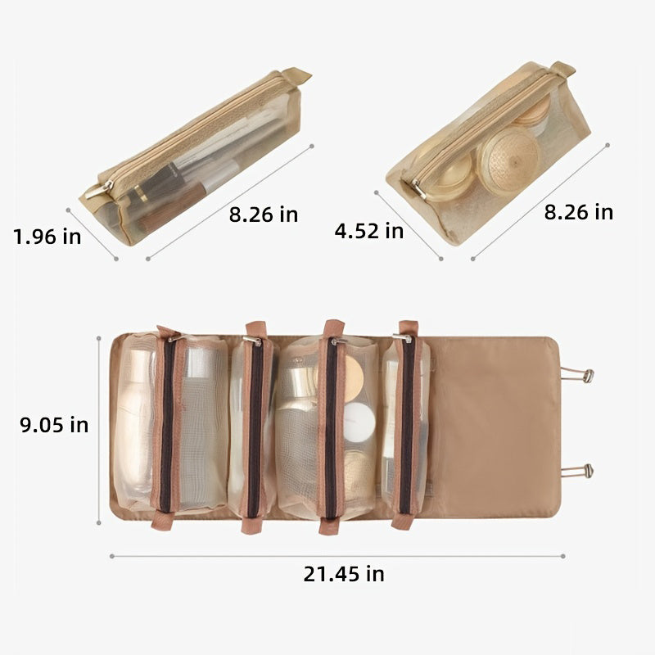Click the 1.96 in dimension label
click(47, 237)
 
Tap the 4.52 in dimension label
click(369, 231)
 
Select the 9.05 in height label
click(54, 425)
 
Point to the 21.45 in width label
click(344, 574)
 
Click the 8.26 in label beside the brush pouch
click(264, 215)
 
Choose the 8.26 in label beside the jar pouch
click(579, 212)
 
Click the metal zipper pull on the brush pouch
click(99, 189)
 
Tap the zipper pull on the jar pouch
click(418, 189)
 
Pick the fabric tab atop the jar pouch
click(562, 69)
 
